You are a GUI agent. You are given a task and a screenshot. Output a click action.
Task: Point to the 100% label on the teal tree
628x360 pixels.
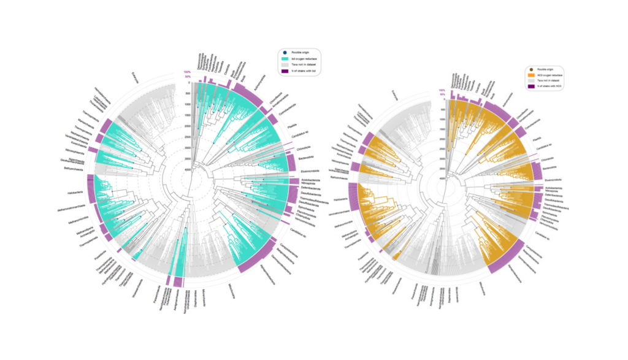(186, 72)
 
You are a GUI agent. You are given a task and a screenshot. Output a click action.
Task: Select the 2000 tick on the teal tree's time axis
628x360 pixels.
(186, 126)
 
